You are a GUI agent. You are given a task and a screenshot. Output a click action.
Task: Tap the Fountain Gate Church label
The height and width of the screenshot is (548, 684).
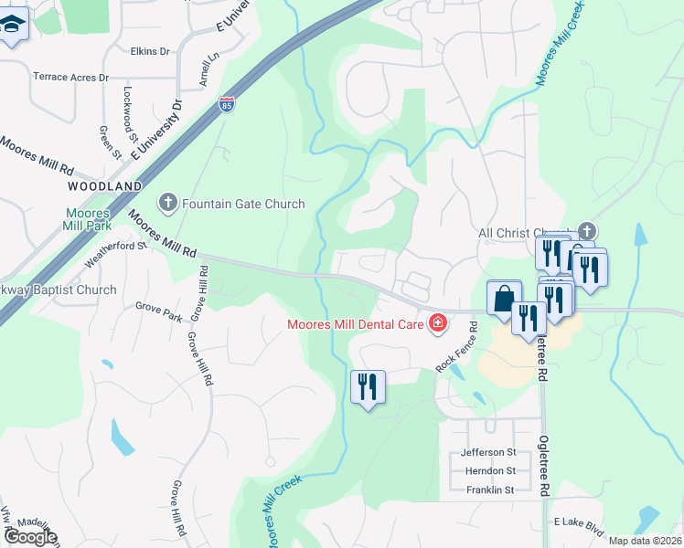[243, 204]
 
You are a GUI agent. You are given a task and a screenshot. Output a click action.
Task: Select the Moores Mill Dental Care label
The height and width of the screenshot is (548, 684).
[355, 323]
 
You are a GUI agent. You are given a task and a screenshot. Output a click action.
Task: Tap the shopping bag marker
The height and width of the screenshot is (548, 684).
[504, 298]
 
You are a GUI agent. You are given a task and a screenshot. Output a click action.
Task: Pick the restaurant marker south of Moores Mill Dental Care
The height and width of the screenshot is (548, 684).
[368, 387]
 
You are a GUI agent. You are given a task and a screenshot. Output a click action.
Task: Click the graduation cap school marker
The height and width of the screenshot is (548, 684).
[13, 24]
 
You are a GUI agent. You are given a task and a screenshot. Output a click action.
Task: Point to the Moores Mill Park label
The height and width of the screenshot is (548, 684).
[88, 220]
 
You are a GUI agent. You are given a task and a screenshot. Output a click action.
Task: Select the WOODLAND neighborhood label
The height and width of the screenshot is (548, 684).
[105, 185]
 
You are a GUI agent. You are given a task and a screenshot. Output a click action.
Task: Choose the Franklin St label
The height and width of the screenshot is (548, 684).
[489, 490]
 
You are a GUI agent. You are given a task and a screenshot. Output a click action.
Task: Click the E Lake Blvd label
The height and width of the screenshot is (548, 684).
[580, 527]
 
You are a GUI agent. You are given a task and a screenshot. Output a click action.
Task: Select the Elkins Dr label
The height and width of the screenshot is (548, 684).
[151, 52]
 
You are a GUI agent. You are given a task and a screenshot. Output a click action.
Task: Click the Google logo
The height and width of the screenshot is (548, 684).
[30, 537]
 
